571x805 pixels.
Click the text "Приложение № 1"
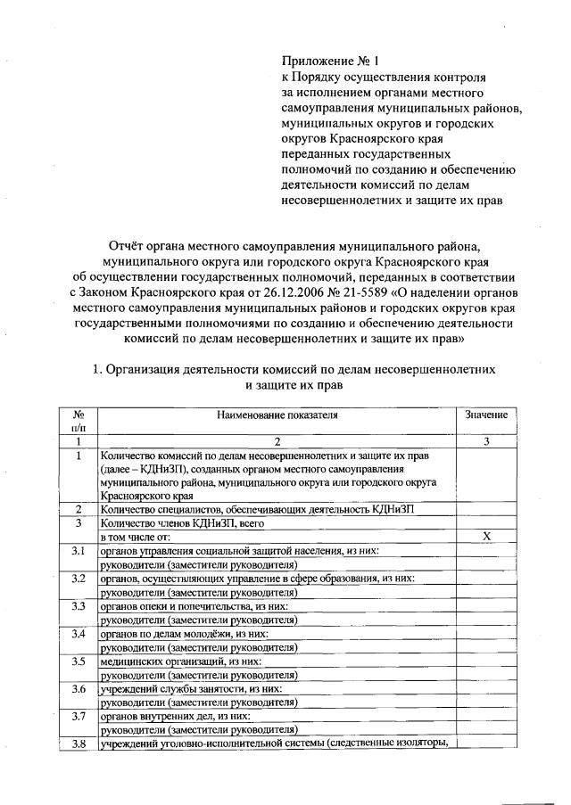click(331, 62)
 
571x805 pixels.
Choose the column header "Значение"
click(486, 415)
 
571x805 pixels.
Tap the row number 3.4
click(79, 634)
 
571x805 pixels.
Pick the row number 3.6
click(79, 689)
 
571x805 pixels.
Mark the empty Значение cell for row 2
click(486, 509)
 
